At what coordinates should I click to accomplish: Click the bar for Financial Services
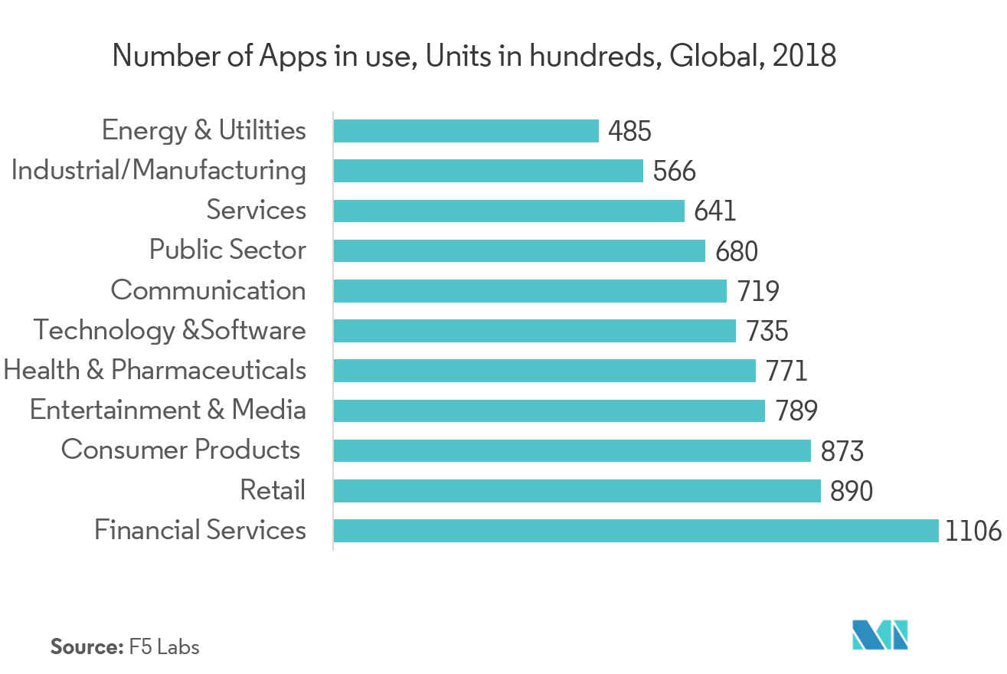(x=636, y=530)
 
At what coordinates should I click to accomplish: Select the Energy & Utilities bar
(x=466, y=131)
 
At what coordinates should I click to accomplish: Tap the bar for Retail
(x=577, y=490)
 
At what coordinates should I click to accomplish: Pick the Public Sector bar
(x=519, y=250)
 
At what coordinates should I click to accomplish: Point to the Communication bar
(x=530, y=291)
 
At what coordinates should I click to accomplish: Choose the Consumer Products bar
(x=572, y=450)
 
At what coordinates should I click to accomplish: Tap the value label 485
(x=629, y=132)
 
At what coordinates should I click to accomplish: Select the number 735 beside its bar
(x=767, y=331)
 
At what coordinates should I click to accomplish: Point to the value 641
(x=715, y=211)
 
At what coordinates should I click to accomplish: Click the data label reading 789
(x=796, y=411)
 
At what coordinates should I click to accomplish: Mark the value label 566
(x=675, y=171)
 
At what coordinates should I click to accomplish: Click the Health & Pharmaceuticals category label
(x=155, y=371)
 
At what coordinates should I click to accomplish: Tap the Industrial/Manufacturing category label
(x=159, y=170)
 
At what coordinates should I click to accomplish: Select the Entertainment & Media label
(x=168, y=410)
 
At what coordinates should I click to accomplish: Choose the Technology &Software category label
(x=169, y=330)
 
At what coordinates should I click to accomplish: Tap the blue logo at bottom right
(x=881, y=635)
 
